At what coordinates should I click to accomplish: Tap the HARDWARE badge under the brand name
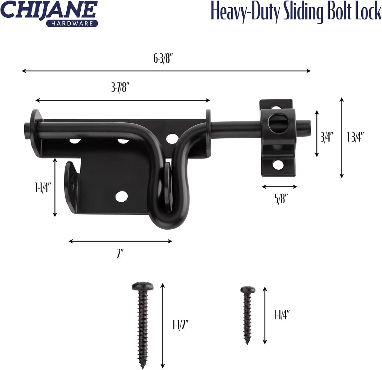click(x=72, y=24)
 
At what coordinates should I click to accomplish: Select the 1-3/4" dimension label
click(x=356, y=137)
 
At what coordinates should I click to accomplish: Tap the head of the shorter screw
click(x=248, y=290)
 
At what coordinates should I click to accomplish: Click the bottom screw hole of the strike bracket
click(x=277, y=165)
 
